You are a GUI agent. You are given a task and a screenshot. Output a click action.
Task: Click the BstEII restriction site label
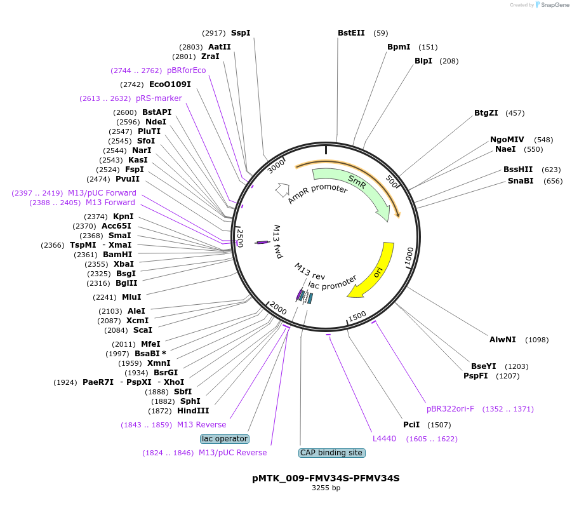click(x=351, y=33)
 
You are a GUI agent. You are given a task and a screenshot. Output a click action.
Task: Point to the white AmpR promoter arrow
click(x=282, y=190)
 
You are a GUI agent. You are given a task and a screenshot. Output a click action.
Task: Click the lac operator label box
click(x=225, y=439)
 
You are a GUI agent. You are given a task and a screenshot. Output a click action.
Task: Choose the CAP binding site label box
click(x=331, y=453)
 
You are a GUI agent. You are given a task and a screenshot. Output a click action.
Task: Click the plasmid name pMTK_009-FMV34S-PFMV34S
click(x=326, y=478)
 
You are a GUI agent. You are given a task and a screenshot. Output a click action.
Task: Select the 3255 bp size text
click(x=326, y=488)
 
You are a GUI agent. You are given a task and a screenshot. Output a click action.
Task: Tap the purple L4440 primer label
click(x=384, y=439)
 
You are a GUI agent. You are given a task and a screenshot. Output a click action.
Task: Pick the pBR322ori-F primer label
click(x=451, y=409)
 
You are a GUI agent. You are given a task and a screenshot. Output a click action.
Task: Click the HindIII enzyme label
click(x=193, y=411)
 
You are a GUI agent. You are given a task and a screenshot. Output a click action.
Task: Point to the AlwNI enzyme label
click(x=502, y=340)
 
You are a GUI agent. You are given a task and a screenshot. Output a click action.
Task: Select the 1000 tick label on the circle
click(x=409, y=257)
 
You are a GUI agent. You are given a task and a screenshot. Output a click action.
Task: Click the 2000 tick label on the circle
click(x=278, y=309)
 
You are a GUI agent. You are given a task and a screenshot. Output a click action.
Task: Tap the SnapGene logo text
click(x=555, y=4)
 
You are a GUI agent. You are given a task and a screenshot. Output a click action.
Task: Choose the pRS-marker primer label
click(x=159, y=98)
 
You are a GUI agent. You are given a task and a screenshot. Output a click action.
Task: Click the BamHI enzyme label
click(x=117, y=255)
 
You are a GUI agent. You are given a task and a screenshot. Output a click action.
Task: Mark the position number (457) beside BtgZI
click(x=515, y=113)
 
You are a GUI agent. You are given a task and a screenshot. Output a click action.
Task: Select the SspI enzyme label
click(x=241, y=33)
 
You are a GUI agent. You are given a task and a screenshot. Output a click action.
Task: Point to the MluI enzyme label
click(x=131, y=297)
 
